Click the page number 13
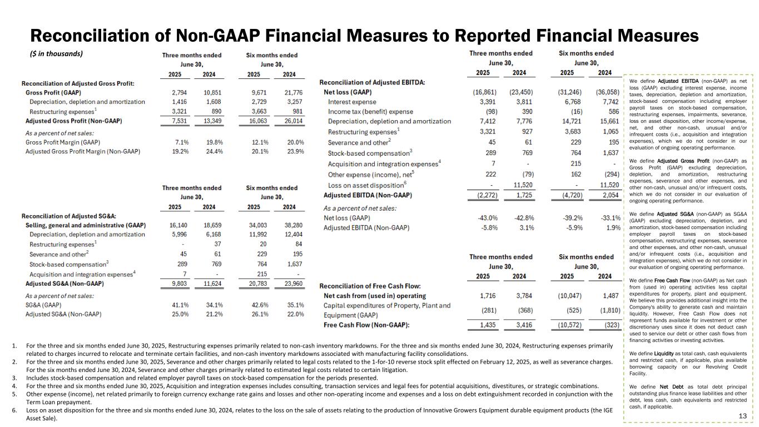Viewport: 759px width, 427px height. click(x=742, y=416)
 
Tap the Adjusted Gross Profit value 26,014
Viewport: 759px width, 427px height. click(x=292, y=121)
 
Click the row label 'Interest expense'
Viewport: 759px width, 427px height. click(x=352, y=102)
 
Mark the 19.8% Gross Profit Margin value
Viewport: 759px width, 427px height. click(x=209, y=142)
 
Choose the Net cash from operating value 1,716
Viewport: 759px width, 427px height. click(x=489, y=295)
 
